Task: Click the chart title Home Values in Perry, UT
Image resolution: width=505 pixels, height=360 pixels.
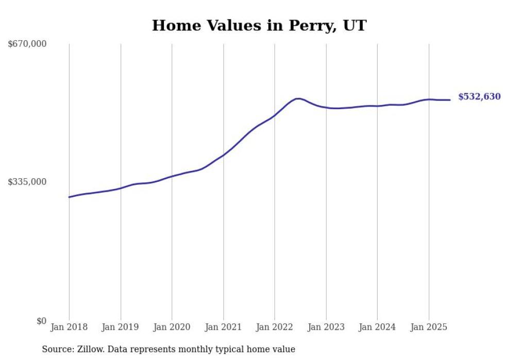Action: pos(259,26)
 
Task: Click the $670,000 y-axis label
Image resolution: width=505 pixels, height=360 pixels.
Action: pos(27,44)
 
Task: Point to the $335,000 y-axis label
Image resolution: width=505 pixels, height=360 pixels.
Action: pos(27,182)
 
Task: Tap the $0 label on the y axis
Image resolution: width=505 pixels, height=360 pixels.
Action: pos(41,321)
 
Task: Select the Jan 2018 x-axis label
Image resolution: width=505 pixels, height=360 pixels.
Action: pos(69,327)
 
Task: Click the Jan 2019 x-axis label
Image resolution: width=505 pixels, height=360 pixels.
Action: pos(121,327)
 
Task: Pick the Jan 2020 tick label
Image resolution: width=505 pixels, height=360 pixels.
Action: pos(172,327)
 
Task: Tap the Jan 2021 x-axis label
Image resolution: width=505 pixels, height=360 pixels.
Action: pos(223,327)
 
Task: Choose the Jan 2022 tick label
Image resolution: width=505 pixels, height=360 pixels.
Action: pos(275,327)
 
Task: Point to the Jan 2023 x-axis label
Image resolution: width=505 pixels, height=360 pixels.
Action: pos(326,327)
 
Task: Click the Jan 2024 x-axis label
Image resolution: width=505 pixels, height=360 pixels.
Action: pos(377,327)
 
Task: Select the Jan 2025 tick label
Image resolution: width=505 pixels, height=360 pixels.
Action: pos(428,327)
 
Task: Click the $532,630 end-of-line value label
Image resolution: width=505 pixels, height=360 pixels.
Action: pos(479,97)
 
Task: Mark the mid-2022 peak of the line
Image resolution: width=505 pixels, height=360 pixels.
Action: pos(298,98)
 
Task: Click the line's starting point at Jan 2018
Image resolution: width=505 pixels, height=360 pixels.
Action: pos(69,197)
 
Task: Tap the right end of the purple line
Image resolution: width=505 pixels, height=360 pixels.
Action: pos(450,100)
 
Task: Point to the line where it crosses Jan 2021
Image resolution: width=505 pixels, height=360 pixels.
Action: pos(223,155)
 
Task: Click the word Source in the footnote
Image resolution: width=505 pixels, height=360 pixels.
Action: pos(57,349)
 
